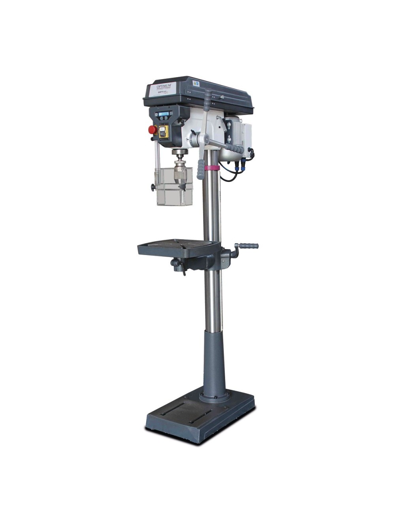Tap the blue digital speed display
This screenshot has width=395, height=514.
coord(164,114)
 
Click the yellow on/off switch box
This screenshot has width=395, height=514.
coord(164,131)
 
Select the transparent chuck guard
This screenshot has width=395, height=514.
coord(174,186)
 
